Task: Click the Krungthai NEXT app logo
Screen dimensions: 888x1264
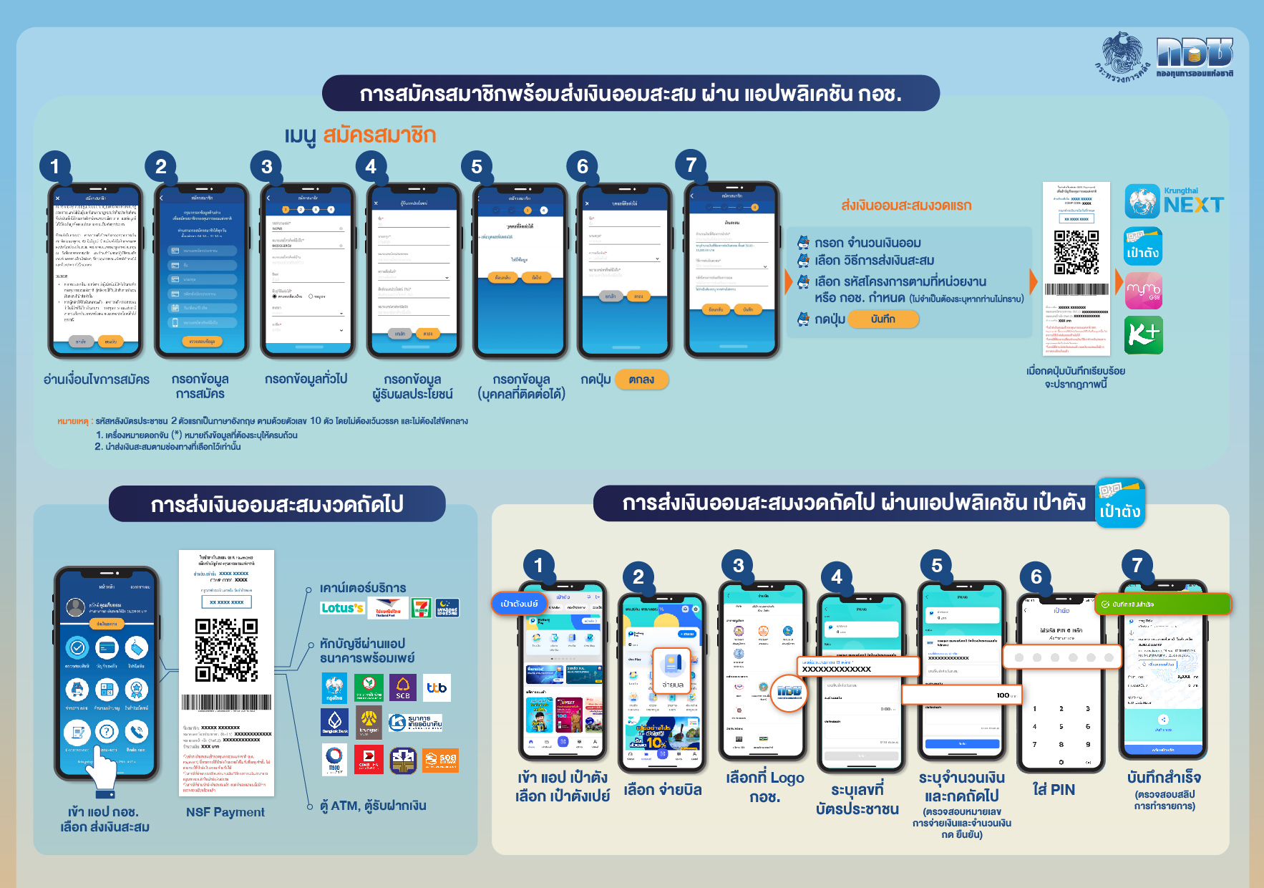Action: (1174, 201)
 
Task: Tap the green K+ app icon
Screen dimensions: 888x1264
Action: (1144, 334)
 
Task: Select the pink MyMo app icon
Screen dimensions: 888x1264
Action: (1144, 291)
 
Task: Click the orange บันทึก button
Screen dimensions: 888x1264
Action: (883, 319)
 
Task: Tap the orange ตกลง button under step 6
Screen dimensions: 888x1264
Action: (641, 380)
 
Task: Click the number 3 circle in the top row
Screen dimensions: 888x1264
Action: (267, 167)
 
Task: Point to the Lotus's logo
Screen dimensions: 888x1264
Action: (342, 608)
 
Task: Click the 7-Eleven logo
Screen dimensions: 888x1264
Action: (422, 608)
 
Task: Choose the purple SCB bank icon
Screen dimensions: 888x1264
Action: (403, 688)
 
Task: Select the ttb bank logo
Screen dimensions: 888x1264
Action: (437, 688)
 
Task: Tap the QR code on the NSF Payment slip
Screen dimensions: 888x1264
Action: (226, 650)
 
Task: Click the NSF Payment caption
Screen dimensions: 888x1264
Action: (225, 812)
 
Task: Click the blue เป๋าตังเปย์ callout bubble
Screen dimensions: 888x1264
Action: (519, 604)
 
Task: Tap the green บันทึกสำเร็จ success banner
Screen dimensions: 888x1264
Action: (1162, 604)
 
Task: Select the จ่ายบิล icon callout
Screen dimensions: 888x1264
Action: (671, 670)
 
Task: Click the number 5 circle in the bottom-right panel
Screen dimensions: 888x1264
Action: (937, 566)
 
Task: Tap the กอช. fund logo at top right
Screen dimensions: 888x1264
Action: (1195, 57)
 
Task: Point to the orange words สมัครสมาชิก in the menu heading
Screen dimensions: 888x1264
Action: (379, 135)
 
